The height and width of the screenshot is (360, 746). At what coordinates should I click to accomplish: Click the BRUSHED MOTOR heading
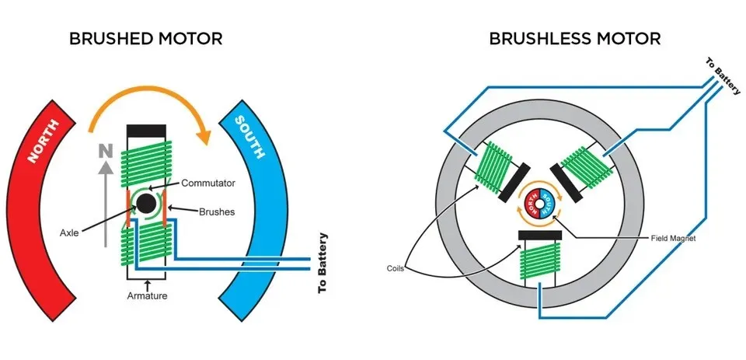coord(146,38)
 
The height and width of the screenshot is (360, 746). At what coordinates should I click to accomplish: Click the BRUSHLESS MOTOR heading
coord(575,38)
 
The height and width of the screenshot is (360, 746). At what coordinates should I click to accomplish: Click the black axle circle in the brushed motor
coord(145,205)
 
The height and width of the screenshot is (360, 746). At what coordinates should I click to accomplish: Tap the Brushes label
coord(216,211)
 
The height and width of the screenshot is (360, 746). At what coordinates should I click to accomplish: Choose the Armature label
coord(148,296)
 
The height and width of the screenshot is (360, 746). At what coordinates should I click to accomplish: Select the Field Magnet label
coord(673,239)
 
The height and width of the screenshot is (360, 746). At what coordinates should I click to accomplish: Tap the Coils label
coord(397,268)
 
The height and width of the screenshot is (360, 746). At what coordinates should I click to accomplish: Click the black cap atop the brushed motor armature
coord(145,128)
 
